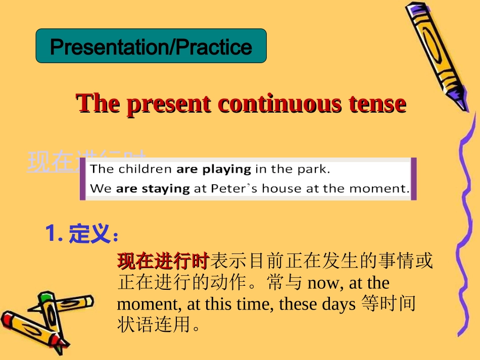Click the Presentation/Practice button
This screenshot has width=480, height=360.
point(151,46)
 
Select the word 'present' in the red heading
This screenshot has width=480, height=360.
point(168,104)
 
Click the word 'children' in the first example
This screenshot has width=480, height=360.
point(146,169)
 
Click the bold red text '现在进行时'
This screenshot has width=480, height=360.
point(163,261)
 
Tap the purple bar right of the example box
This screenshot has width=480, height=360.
point(414,179)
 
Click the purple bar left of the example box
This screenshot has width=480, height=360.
point(83,179)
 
